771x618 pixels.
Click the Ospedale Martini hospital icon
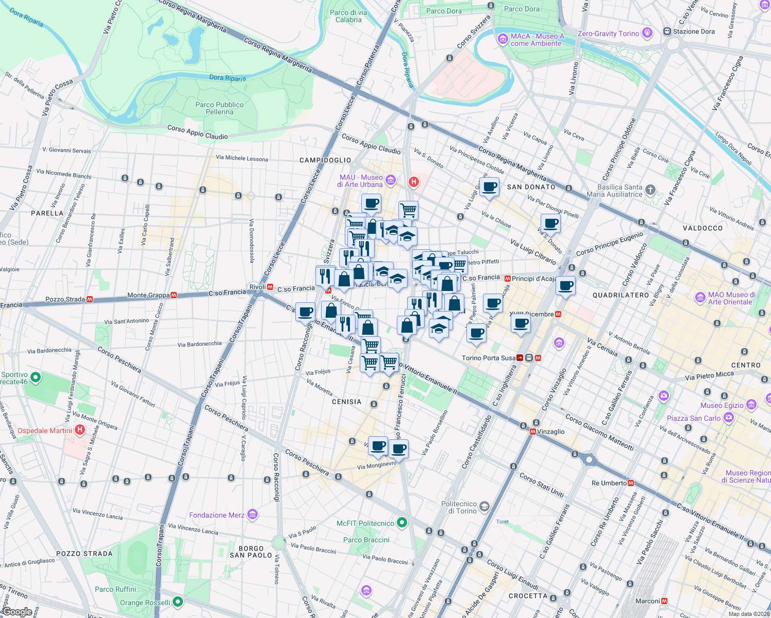(x=80, y=430)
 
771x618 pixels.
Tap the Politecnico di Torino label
(x=459, y=507)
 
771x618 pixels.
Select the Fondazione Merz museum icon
(x=252, y=514)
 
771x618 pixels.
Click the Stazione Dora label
(x=694, y=31)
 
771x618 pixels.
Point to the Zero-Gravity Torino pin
(x=647, y=33)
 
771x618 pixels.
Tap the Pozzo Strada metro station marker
(x=90, y=299)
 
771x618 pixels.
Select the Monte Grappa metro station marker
(x=174, y=296)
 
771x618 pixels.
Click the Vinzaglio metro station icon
(x=532, y=432)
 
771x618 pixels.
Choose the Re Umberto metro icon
(x=631, y=483)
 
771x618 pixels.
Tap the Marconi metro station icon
(x=664, y=601)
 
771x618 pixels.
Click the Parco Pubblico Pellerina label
(x=220, y=108)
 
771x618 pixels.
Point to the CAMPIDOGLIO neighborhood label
(x=325, y=160)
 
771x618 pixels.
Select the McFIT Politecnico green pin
(x=402, y=523)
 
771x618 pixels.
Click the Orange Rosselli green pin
(x=178, y=602)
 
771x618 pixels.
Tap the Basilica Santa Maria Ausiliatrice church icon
(x=650, y=190)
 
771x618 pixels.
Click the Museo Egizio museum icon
(x=751, y=405)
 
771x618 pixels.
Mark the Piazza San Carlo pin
(x=728, y=418)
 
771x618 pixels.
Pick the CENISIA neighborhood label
(x=346, y=402)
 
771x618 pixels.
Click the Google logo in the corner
(x=17, y=612)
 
